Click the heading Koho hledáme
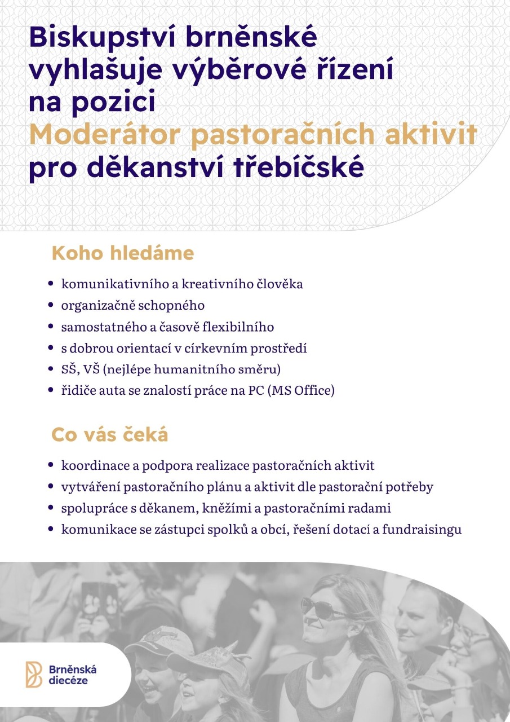122,253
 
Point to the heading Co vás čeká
109,435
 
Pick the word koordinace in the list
90,466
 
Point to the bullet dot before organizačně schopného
51,306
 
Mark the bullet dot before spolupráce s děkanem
51,508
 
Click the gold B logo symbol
33,675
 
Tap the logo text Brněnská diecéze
73,675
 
